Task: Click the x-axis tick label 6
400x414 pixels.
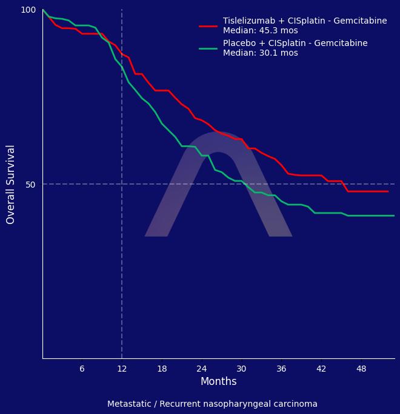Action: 82,369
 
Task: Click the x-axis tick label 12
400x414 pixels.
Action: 122,369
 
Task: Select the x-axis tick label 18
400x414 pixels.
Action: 162,369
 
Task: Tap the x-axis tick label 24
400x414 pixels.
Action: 202,369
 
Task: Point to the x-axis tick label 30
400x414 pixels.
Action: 241,369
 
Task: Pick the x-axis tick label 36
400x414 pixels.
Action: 281,369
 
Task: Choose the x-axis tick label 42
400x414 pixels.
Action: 321,369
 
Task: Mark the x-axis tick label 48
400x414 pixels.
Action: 361,369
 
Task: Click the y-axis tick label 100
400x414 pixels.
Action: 28,10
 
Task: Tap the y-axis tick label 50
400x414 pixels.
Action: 30,185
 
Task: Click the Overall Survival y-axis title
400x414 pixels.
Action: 11,184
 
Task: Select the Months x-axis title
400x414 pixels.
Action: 218,382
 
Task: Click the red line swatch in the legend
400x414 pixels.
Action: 208,26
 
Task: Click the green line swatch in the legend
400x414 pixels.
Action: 208,48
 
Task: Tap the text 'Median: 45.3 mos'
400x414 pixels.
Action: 260,31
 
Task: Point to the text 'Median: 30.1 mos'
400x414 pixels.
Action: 260,53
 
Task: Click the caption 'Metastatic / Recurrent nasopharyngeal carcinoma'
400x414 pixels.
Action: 212,404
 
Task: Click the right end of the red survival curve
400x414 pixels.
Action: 388,191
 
